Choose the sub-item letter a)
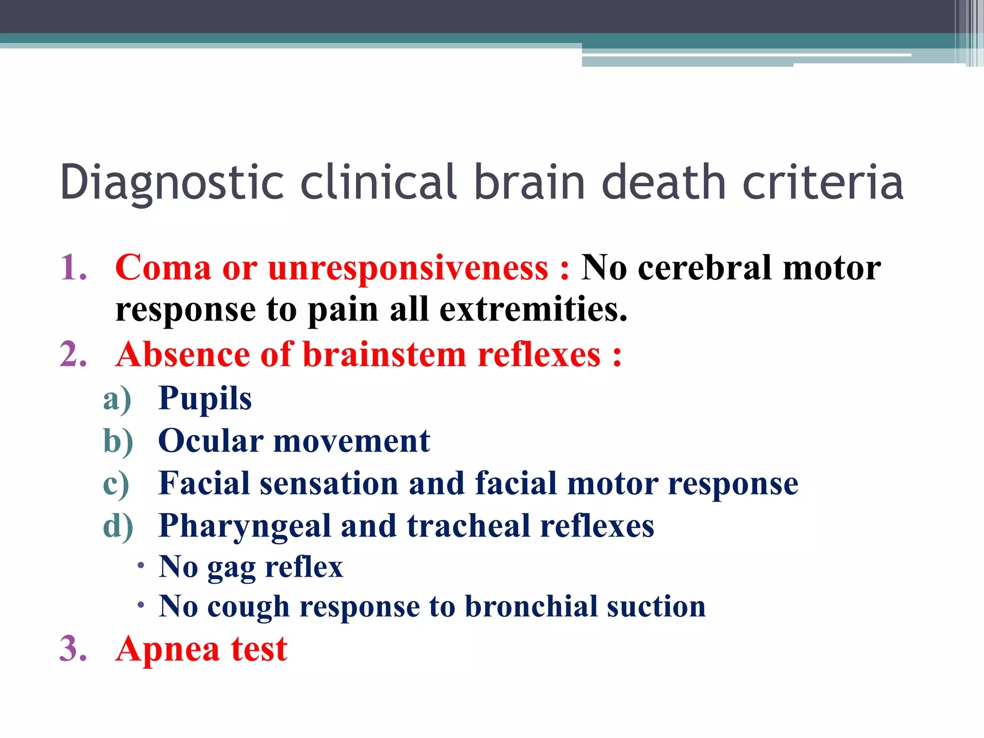coord(117,399)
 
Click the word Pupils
coord(205,399)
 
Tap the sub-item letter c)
coord(116,483)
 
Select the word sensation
coord(329,483)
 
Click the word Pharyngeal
coord(244,526)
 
